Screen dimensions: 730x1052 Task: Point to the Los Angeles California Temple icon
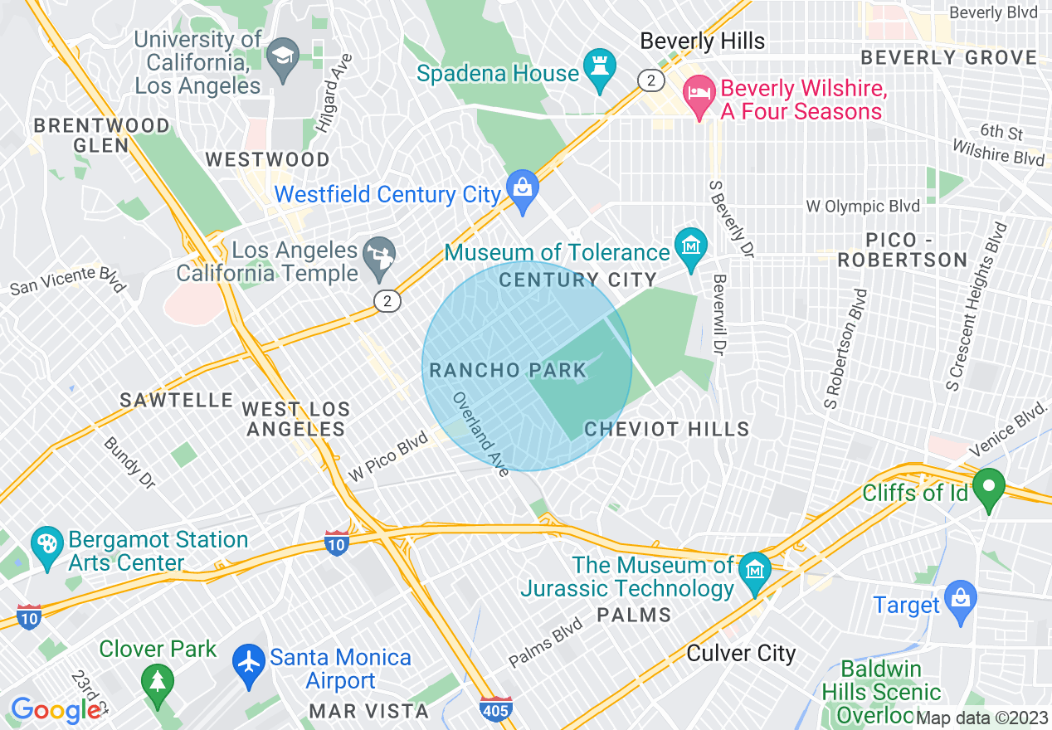[382, 257]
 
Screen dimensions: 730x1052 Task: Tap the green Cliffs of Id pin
[988, 489]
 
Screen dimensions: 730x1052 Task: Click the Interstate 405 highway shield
[495, 709]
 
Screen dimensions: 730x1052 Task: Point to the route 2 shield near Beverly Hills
[650, 80]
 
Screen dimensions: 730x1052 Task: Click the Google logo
[56, 710]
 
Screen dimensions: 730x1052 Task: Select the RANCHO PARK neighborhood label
[508, 370]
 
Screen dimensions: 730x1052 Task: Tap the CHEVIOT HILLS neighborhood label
[667, 429]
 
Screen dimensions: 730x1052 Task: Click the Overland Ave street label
[480, 434]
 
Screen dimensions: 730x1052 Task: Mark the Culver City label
[741, 653]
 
